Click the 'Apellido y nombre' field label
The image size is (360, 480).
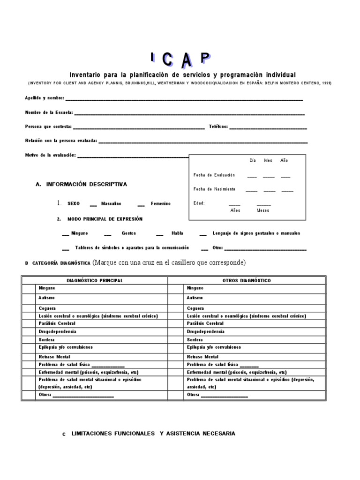(x=45, y=98)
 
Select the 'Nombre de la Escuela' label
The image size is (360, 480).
(x=49, y=112)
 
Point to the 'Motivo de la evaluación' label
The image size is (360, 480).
(x=50, y=155)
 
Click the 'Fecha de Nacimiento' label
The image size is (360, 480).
(x=214, y=189)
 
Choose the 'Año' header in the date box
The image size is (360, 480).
(x=284, y=160)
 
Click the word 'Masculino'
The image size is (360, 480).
(x=111, y=204)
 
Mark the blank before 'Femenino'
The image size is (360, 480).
(x=141, y=204)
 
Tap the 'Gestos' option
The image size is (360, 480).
(x=128, y=233)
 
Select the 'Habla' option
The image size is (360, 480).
(x=177, y=233)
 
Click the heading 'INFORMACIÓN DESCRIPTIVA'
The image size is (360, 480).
(x=86, y=185)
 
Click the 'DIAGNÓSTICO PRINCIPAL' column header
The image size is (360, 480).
(x=95, y=280)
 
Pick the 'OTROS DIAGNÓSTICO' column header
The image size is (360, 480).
(x=246, y=280)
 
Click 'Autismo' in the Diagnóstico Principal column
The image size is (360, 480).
(x=46, y=298)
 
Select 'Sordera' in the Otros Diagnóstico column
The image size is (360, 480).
(x=195, y=339)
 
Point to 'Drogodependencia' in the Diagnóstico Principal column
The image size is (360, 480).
(x=57, y=331)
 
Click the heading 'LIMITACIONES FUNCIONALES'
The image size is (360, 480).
(x=113, y=434)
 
